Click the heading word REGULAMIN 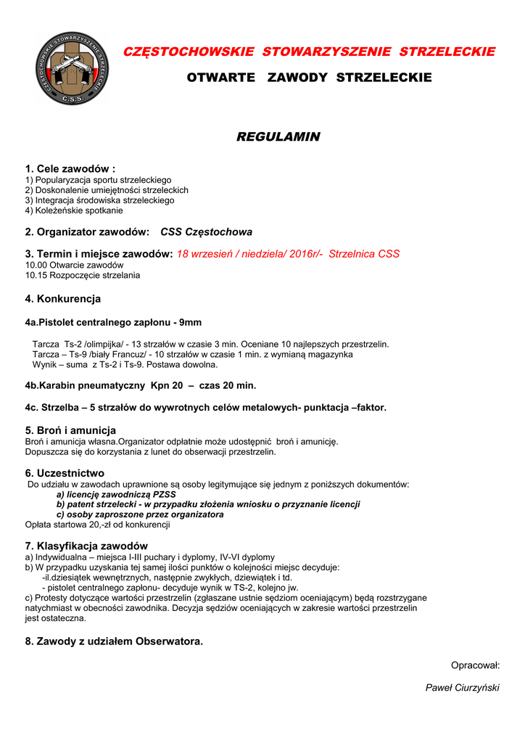(x=278, y=136)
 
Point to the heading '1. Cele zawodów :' (x=70, y=169)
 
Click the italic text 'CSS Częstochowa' (x=207, y=232)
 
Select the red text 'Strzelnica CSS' (x=364, y=254)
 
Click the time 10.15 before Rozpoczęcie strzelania (x=36, y=276)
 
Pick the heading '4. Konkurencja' (x=63, y=298)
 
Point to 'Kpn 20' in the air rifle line (x=166, y=385)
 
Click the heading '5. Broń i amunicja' (x=70, y=430)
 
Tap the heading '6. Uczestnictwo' (x=65, y=473)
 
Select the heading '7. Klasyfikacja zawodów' (x=86, y=546)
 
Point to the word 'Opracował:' (x=475, y=665)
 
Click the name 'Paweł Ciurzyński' (x=462, y=688)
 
